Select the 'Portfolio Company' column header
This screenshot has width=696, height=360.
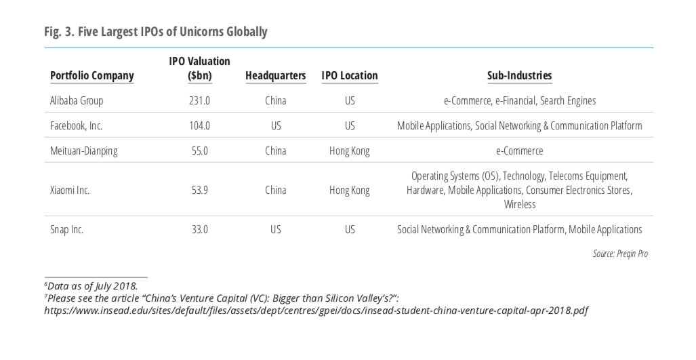click(92, 75)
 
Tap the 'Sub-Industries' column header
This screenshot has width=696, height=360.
click(519, 75)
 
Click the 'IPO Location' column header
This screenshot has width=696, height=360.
click(350, 75)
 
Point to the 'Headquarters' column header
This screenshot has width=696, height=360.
click(275, 75)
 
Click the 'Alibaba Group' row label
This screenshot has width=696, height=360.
click(77, 100)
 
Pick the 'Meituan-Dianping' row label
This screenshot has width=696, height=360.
click(84, 151)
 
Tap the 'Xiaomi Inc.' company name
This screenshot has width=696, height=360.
click(70, 190)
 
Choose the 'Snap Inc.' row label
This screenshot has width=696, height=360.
click(66, 229)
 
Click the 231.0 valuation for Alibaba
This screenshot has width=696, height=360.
click(199, 100)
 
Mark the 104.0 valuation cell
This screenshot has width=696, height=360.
click(199, 125)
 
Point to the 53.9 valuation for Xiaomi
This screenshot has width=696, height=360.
click(199, 190)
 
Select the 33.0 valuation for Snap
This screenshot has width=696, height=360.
click(199, 229)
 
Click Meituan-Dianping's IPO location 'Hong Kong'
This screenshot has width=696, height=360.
click(350, 151)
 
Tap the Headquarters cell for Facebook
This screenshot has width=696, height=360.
click(275, 125)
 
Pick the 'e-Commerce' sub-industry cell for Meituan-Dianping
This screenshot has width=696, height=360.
click(519, 151)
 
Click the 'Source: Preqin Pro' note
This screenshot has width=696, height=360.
click(619, 254)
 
